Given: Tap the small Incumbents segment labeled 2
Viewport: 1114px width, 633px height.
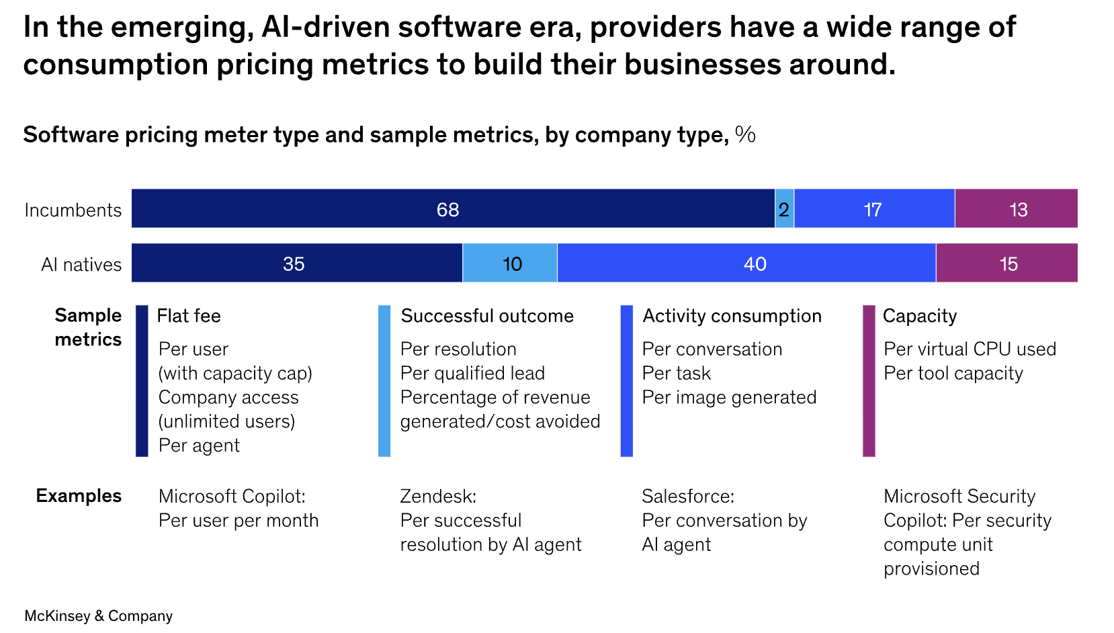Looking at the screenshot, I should [x=784, y=209].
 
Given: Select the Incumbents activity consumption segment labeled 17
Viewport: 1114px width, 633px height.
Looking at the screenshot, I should [x=873, y=209].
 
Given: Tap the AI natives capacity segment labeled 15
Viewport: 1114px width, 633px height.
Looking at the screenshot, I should [x=1006, y=263].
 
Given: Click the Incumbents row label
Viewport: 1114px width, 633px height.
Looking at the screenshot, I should [x=73, y=210].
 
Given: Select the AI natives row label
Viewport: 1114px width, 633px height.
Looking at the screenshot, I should [x=81, y=265].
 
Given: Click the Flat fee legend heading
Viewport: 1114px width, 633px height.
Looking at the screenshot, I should [x=189, y=316].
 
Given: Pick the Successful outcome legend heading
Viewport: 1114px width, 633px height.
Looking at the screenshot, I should [x=487, y=316].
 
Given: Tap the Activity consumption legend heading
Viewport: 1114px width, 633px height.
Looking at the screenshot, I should [x=732, y=316].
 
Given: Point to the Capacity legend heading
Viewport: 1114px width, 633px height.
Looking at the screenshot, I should [x=919, y=316].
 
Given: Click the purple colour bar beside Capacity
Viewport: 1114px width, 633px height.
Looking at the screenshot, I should [x=869, y=380].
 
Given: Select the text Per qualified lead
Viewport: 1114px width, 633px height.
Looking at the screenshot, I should [x=472, y=373].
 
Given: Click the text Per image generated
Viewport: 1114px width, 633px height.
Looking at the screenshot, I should [x=729, y=397].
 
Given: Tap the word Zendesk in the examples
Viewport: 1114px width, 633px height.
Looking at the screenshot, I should [x=438, y=497].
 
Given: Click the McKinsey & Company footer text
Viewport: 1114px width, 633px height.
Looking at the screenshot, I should [x=99, y=616].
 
